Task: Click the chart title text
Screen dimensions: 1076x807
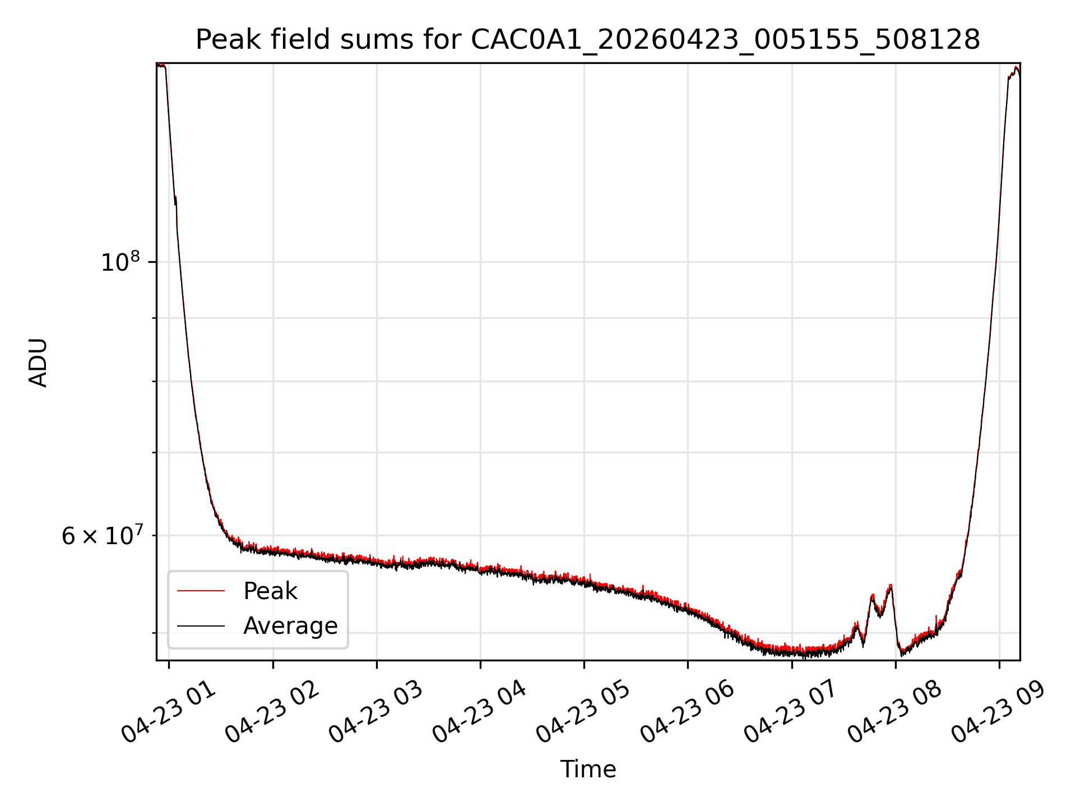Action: click(x=588, y=40)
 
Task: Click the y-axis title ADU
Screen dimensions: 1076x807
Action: click(x=38, y=363)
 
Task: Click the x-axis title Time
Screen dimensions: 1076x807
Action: click(x=588, y=769)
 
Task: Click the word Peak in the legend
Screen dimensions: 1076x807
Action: click(x=270, y=591)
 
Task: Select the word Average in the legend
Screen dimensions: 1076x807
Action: click(x=290, y=626)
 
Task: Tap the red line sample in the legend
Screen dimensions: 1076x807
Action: click(x=201, y=591)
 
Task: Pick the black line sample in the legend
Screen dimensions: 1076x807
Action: click(x=201, y=625)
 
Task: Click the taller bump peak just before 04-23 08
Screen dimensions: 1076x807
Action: click(x=890, y=586)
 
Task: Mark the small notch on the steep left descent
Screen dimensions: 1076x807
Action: click(x=175, y=200)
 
